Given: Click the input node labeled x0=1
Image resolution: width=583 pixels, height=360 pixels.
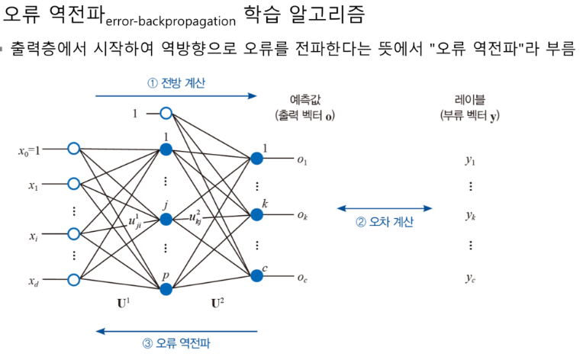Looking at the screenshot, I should click(73, 149).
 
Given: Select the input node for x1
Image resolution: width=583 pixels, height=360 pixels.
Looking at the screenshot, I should click(73, 183).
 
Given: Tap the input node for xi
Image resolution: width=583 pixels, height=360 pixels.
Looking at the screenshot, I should click(73, 234).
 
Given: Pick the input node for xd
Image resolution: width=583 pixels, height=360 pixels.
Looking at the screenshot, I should click(73, 280).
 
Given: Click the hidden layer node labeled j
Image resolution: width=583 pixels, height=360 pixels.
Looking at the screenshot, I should click(166, 220).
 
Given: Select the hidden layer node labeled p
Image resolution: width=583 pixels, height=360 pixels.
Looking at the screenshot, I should click(166, 288).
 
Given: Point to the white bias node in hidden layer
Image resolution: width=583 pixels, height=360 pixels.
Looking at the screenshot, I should click(166, 114).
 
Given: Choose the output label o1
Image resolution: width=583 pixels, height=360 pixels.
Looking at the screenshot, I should click(302, 160).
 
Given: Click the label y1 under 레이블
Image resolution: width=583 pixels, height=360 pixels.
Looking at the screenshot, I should click(470, 160).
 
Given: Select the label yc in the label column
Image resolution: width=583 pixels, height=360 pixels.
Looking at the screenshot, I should click(470, 278).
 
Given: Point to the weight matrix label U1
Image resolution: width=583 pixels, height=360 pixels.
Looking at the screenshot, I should click(122, 304).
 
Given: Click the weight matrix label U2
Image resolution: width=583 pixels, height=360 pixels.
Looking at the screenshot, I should click(216, 304).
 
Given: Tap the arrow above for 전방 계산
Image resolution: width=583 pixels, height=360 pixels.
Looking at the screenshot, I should click(176, 96).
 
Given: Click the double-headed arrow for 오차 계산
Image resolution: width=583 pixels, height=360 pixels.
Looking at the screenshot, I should click(385, 208).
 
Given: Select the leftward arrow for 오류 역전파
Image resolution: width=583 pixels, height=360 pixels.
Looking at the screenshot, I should click(176, 331).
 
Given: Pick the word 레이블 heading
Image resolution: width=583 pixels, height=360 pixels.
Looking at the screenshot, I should click(469, 99).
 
